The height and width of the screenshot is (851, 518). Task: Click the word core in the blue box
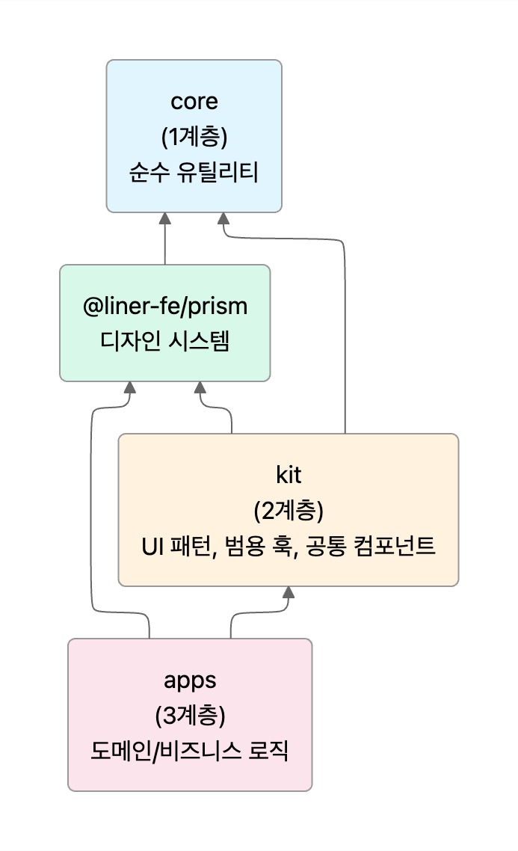coord(194,101)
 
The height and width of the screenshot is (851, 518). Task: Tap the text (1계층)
coord(194,137)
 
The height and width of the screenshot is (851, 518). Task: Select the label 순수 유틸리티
coord(194,173)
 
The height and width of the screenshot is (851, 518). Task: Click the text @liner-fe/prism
coord(164,306)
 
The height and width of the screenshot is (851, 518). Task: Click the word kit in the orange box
coord(288,475)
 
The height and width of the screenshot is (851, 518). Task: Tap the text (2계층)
coord(288,511)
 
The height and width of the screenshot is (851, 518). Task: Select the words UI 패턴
coord(179,547)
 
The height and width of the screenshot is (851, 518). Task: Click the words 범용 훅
coord(259,547)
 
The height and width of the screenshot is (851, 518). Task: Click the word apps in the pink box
coord(190,680)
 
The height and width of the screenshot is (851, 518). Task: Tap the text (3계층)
coord(190,716)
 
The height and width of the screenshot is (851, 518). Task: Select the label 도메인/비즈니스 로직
coord(190,752)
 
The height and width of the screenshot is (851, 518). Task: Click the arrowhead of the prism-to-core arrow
coord(164,218)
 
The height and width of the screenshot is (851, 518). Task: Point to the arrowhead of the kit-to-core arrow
coord(223,218)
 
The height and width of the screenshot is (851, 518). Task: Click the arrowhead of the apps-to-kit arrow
coord(289,592)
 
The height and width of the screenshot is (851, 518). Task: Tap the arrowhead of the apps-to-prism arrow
coord(130,387)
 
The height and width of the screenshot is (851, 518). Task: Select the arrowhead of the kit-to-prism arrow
coord(200,387)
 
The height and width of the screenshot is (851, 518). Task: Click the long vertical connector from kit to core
coord(345,337)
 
